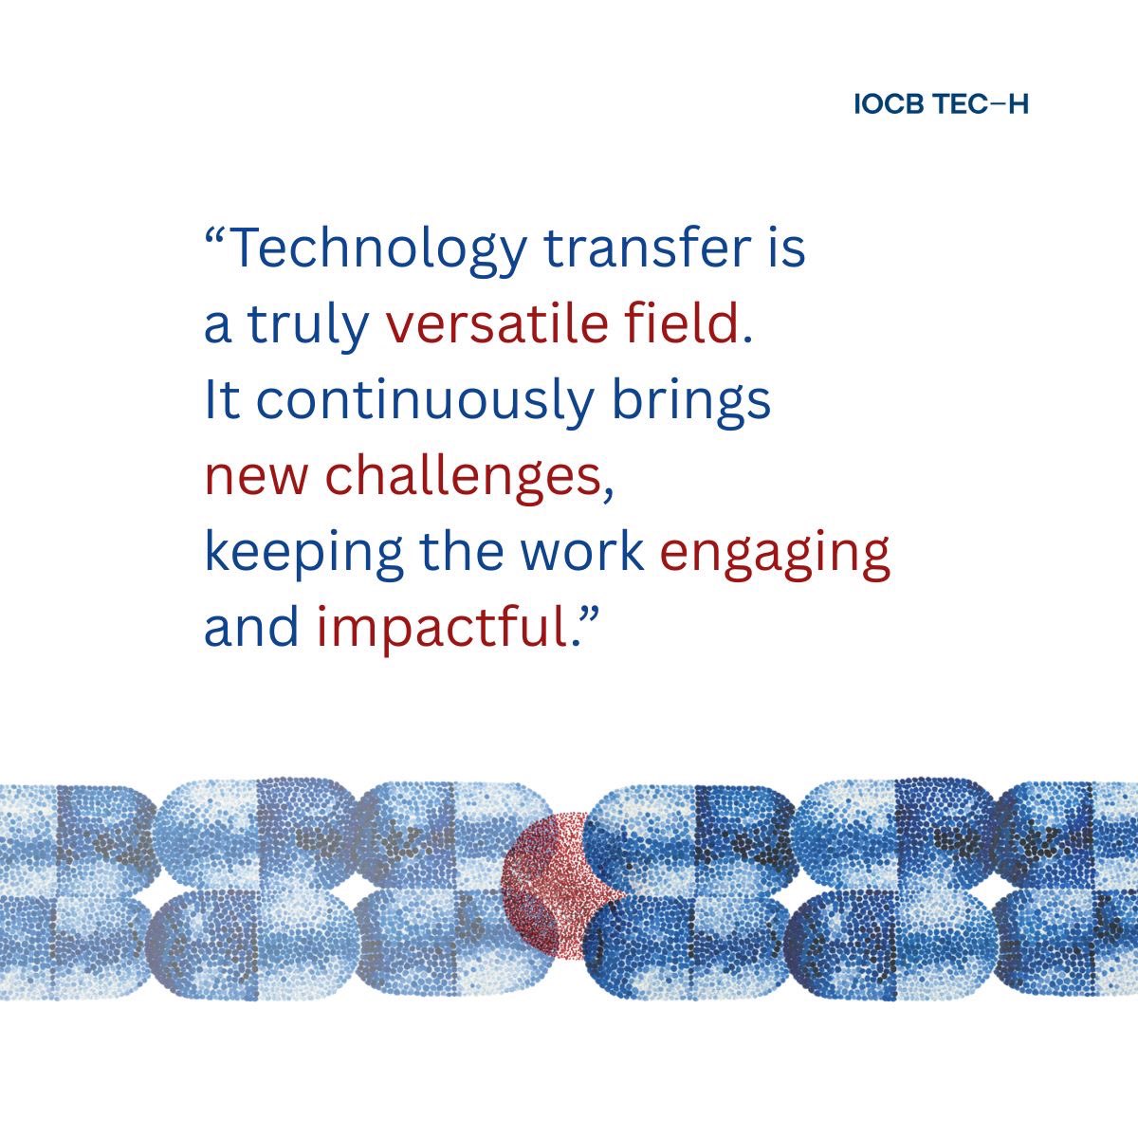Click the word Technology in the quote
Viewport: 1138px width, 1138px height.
377,249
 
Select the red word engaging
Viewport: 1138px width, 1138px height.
775,553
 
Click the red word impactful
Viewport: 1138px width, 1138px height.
441,629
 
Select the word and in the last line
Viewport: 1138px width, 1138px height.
252,627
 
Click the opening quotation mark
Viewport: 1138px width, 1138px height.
215,236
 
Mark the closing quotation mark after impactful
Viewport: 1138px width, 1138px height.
590,615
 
